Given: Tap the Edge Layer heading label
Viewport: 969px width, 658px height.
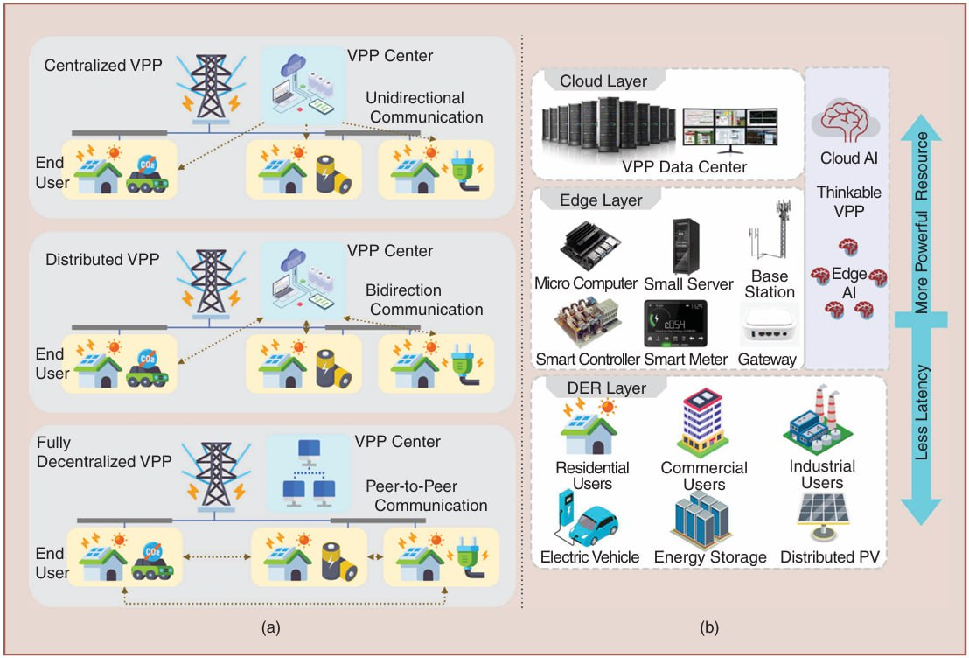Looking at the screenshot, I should tap(602, 200).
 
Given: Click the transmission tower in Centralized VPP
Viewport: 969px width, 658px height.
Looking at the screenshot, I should tap(210, 87).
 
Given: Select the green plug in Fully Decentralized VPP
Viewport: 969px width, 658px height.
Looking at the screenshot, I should tap(464, 561).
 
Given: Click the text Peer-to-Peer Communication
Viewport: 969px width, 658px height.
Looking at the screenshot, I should tap(426, 495).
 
